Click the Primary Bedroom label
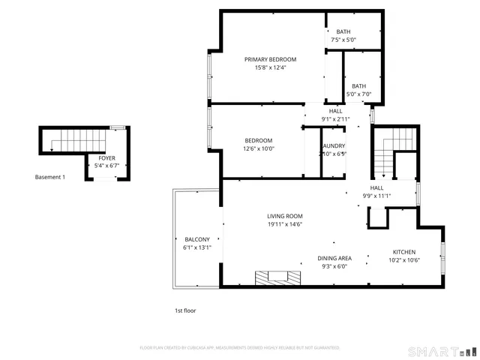click(270, 59)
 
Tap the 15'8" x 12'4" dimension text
click(270, 67)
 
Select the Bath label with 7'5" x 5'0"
click(343, 31)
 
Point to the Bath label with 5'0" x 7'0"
click(359, 86)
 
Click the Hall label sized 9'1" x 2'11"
click(335, 111)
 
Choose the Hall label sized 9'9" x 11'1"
click(376, 188)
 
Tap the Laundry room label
click(334, 145)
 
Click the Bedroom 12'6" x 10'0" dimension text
click(259, 148)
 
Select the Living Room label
click(284, 216)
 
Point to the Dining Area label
click(334, 258)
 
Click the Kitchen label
click(403, 252)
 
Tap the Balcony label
click(197, 239)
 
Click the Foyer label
click(107, 158)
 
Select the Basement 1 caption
click(50, 177)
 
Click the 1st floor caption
click(184, 310)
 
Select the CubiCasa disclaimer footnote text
click(240, 348)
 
